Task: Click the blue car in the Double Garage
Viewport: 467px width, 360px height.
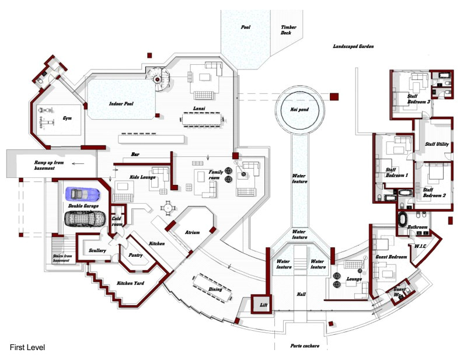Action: [83, 194]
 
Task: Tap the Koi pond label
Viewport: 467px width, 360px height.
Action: [299, 109]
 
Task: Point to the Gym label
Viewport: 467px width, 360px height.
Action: [67, 119]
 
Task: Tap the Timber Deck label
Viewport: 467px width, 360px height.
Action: [289, 30]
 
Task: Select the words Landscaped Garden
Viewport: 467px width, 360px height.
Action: [353, 46]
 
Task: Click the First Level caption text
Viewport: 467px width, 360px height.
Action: [27, 348]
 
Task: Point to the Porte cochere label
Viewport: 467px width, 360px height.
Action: [305, 346]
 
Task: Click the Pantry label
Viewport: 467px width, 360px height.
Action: [135, 254]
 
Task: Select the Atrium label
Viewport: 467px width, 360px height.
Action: [192, 232]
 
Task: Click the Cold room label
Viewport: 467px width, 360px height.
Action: [117, 221]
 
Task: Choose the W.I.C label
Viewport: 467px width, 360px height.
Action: [421, 246]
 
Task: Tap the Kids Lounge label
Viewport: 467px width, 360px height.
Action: [141, 176]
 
